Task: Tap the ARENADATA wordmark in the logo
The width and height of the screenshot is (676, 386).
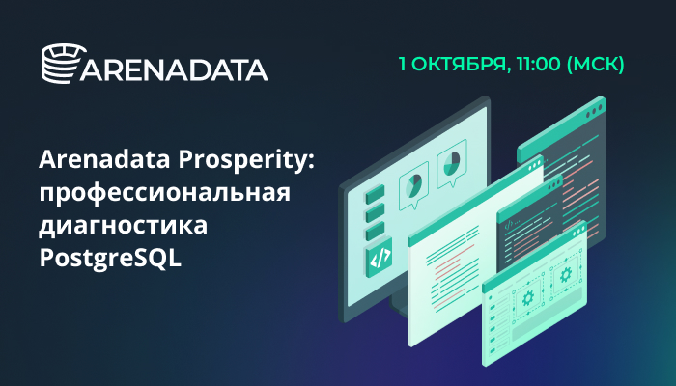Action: tap(174, 70)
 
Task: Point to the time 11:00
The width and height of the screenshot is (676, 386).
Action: tap(539, 64)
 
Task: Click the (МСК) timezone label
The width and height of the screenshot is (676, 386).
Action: tap(595, 65)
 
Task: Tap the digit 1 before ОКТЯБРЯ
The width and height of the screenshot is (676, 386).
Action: tap(403, 64)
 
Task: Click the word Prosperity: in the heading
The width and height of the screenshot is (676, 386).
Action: tap(246, 161)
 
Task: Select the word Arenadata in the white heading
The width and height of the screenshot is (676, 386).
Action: tap(104, 159)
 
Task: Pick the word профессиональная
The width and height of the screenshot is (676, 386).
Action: tap(165, 193)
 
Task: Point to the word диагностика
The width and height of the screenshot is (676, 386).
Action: tap(124, 226)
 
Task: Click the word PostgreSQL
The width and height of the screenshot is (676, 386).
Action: tap(110, 258)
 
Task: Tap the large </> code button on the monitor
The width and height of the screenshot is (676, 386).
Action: tap(379, 258)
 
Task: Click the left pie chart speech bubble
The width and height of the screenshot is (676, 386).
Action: tap(414, 185)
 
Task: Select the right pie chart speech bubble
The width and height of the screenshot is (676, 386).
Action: tap(452, 164)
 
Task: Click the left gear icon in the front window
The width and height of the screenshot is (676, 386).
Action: tap(528, 297)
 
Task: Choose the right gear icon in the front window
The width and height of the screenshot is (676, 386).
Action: tap(565, 274)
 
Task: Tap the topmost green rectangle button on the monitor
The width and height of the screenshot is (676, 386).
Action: tap(375, 195)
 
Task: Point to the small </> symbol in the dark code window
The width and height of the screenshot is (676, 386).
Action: tap(509, 224)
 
